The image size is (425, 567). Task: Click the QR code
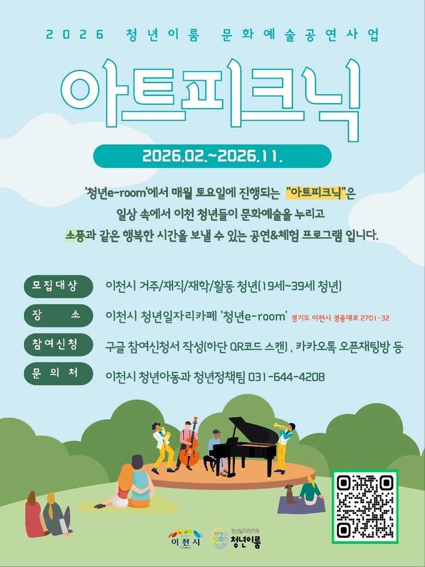pos(365,506)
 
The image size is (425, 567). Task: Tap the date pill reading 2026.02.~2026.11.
pos(212,156)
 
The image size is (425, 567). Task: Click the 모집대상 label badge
pos(58,286)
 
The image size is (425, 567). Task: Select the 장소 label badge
pos(58,315)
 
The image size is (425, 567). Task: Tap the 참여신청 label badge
pos(58,344)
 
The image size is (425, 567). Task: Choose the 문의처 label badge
pos(58,373)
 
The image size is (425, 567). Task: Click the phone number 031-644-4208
pos(286,377)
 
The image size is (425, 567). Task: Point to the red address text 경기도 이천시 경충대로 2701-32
pos(340,318)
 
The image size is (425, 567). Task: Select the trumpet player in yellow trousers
pos(284,448)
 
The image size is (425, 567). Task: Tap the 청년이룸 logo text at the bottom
pos(246,541)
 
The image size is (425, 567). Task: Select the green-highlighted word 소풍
pos(75,235)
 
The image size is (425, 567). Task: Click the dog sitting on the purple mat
pos(289,494)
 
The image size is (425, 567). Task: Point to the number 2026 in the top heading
pos(75,35)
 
